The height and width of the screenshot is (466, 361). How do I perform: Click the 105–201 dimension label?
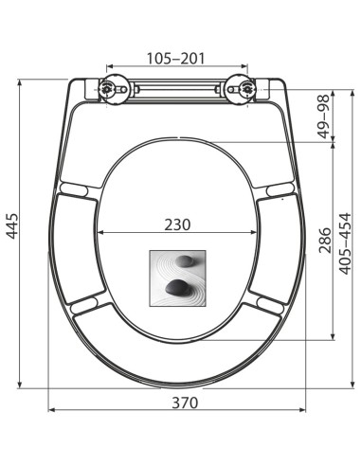[176, 58]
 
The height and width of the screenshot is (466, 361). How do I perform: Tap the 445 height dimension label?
[13, 225]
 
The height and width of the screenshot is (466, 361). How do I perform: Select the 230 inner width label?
[177, 224]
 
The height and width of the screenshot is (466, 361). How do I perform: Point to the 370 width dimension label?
[185, 403]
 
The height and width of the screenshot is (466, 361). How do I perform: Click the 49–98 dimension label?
[323, 116]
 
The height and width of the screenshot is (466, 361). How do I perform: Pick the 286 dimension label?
[325, 241]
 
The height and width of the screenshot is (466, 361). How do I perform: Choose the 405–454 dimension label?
[345, 243]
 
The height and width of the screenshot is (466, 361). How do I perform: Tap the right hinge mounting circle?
[241, 89]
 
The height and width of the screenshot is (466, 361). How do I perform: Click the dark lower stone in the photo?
[177, 287]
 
